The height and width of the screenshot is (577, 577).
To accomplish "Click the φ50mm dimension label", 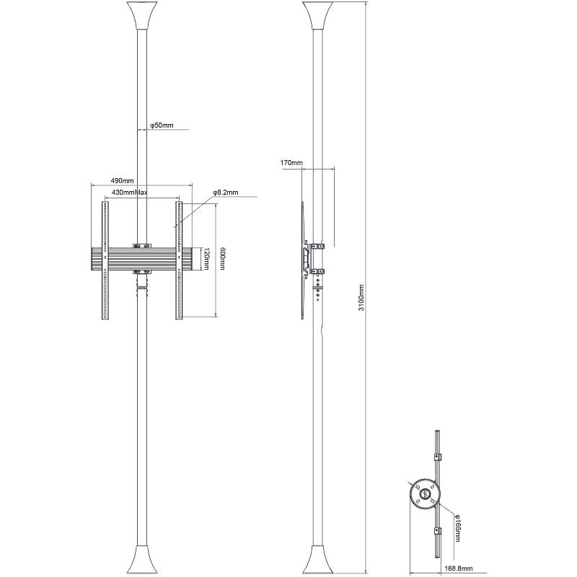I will tap(162, 125).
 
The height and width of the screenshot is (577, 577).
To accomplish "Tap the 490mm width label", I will tap(122, 180).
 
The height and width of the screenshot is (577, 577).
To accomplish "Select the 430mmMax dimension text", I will tap(130, 193).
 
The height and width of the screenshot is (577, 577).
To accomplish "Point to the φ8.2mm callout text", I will tap(225, 193).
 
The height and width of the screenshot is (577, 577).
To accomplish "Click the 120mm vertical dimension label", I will tap(207, 259).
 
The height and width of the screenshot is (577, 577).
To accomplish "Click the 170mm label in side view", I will tap(291, 164).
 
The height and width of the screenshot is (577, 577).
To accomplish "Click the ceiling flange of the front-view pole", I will tap(141, 16).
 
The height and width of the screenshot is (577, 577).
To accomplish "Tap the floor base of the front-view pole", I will tap(141, 560).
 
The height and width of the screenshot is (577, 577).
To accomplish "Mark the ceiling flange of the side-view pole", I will tap(318, 16).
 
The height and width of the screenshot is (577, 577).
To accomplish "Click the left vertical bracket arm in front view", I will tap(105, 260).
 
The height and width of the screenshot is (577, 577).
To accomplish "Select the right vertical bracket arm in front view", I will tap(180, 260).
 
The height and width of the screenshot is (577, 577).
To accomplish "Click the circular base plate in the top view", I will tap(424, 495).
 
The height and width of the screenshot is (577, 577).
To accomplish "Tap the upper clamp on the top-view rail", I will tap(437, 457).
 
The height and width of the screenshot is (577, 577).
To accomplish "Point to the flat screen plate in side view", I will tap(301, 260).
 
